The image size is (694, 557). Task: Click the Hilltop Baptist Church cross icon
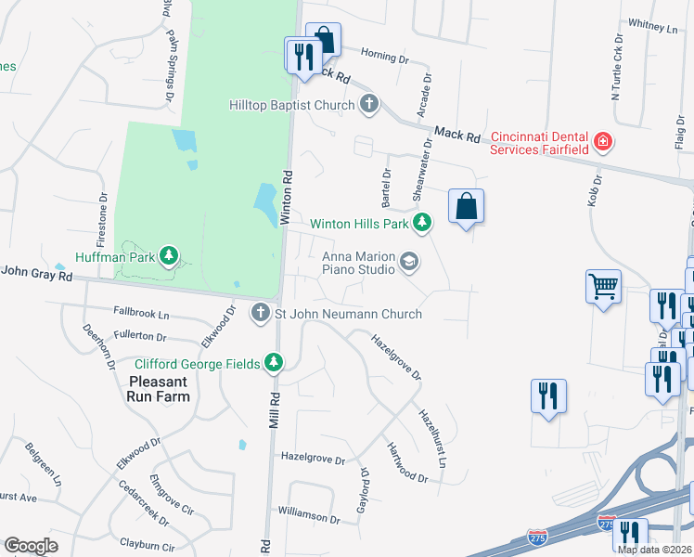370,104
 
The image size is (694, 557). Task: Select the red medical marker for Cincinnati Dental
603,142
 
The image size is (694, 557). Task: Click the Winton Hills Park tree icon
422,223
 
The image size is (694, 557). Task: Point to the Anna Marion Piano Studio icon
408,264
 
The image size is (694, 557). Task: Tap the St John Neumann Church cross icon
261,314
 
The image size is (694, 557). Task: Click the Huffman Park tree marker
168,254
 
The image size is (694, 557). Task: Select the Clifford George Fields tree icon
274,363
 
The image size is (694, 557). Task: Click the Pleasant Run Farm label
160,389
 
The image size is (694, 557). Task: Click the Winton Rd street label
288,197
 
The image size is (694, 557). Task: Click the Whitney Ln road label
653,28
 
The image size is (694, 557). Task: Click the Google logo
31,545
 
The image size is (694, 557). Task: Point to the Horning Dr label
384,57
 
